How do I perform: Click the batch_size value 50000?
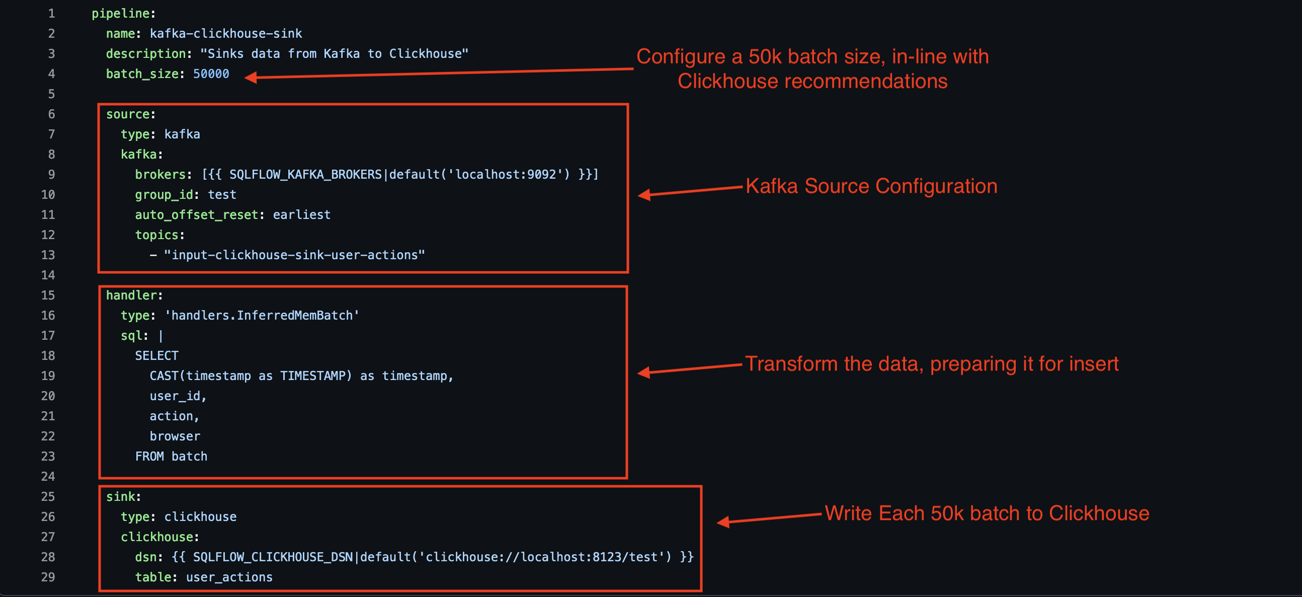tap(211, 74)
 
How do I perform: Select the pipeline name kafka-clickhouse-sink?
tap(225, 33)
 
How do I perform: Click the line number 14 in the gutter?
tap(48, 275)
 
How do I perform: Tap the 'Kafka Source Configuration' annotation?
tap(871, 186)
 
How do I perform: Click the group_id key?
tap(164, 195)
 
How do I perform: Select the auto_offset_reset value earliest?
tap(301, 215)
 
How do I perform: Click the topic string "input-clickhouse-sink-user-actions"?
tap(294, 255)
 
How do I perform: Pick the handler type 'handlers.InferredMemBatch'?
tap(262, 316)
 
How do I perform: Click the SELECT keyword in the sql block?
tap(156, 355)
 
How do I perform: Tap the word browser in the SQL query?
tap(175, 436)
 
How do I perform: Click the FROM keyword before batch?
tap(149, 457)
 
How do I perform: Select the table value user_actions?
tap(229, 577)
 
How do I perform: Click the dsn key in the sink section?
tap(145, 557)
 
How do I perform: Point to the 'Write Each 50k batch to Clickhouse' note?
tap(987, 513)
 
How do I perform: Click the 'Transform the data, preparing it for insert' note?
tap(932, 363)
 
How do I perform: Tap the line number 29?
tap(48, 577)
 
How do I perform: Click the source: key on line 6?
tap(128, 114)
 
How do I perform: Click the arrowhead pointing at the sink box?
tap(723, 522)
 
